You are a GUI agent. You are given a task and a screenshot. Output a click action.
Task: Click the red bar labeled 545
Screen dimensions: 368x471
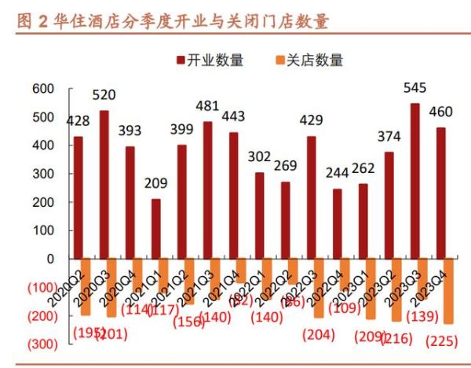(414, 181)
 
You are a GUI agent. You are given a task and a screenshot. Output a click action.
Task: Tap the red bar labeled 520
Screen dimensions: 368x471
(104, 184)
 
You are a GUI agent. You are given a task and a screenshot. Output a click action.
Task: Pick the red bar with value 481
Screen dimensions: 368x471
(207, 190)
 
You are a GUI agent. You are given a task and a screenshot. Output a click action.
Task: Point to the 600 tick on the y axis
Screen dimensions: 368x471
(42, 88)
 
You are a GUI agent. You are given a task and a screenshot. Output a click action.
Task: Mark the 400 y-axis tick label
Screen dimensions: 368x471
(42, 145)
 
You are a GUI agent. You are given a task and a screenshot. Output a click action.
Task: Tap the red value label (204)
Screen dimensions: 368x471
(316, 333)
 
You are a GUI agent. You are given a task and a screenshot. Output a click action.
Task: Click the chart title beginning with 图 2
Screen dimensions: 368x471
(172, 20)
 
